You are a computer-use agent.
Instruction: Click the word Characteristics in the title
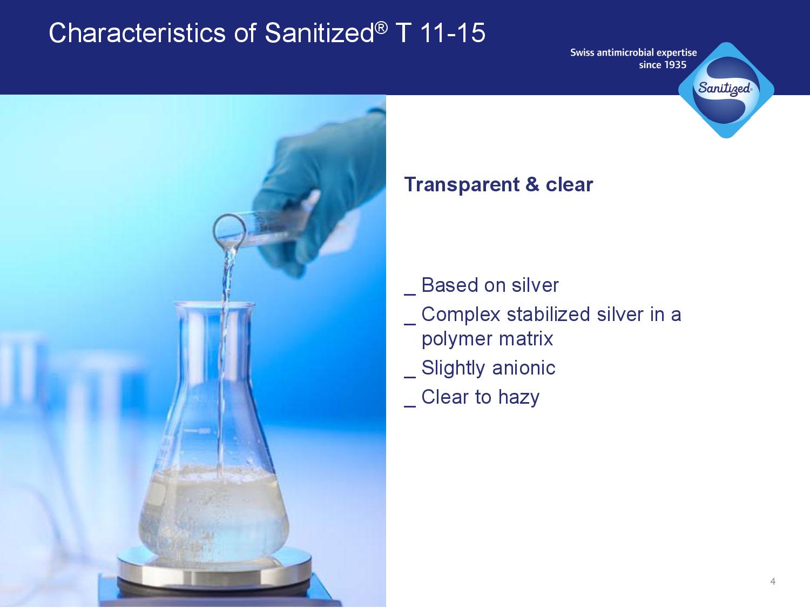[x=137, y=33]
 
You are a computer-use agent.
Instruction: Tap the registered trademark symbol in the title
[x=382, y=28]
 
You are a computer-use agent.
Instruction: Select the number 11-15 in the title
[x=453, y=33]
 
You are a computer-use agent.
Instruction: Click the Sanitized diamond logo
[x=726, y=90]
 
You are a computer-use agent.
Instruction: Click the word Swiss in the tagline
[x=582, y=52]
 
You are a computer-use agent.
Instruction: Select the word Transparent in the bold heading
[x=462, y=185]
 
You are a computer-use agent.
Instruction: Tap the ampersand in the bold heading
[x=532, y=184]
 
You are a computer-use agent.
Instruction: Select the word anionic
[x=524, y=368]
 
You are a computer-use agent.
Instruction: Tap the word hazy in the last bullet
[x=518, y=398]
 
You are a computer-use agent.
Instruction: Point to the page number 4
[x=773, y=582]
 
